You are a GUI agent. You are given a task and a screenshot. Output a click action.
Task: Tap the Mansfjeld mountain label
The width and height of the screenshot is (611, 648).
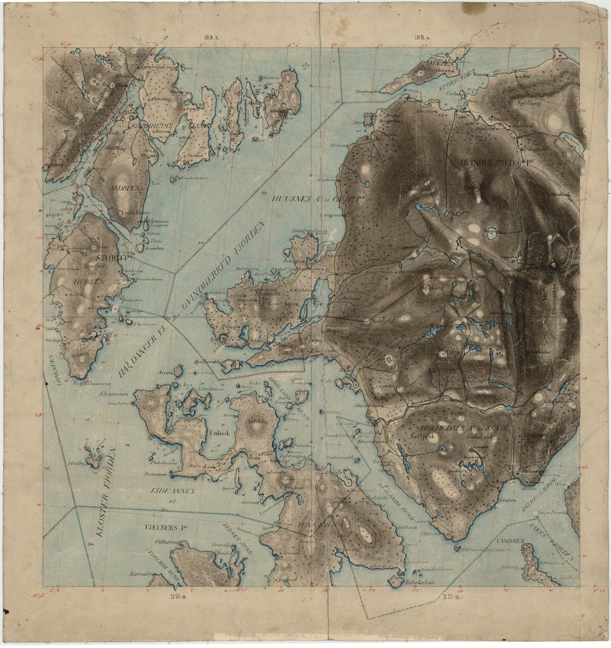418,189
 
